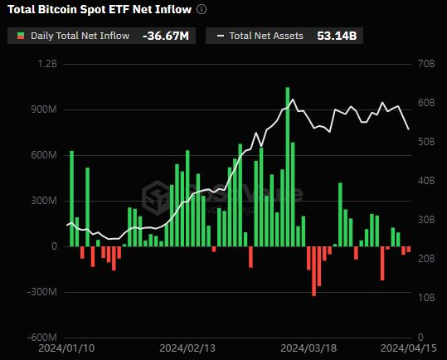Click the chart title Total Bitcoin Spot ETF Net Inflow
(x=99, y=10)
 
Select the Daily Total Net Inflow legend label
(x=80, y=36)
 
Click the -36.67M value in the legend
(x=166, y=36)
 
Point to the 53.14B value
(x=335, y=36)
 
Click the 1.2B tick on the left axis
(x=46, y=64)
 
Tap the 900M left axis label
(x=42, y=109)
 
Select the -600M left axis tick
(x=41, y=338)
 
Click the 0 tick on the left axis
(x=54, y=246)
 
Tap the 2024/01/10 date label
(x=67, y=350)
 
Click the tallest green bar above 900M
(x=288, y=166)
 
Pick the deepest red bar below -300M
(x=314, y=270)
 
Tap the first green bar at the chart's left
(x=71, y=198)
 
